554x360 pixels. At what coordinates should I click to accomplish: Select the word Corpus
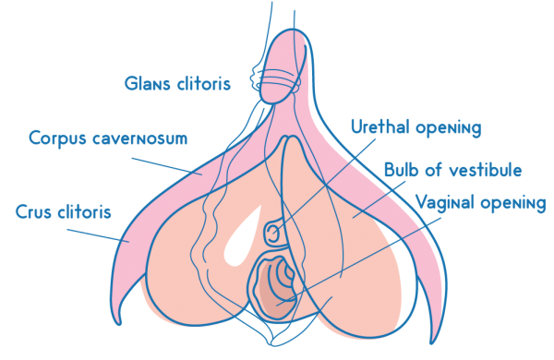[57, 138]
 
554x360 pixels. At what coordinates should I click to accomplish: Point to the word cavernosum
[140, 138]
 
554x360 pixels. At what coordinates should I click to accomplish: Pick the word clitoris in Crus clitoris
[84, 212]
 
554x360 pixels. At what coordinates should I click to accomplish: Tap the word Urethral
[380, 126]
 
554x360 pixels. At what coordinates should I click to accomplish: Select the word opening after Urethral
[449, 128]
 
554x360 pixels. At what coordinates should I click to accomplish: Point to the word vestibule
[486, 170]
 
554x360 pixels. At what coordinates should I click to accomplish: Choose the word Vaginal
[445, 203]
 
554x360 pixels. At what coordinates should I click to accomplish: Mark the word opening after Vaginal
[513, 204]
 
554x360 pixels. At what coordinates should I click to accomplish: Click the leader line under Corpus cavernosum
[167, 166]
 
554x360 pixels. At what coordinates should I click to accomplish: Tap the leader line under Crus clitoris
[98, 235]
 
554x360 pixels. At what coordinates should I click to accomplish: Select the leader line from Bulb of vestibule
[379, 199]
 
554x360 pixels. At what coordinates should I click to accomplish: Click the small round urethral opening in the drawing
[272, 233]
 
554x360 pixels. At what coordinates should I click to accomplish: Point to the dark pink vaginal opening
[275, 288]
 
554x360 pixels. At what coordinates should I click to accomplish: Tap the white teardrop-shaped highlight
[242, 237]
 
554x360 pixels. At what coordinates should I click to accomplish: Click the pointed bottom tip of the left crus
[120, 323]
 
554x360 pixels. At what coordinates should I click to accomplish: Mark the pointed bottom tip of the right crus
[432, 342]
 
